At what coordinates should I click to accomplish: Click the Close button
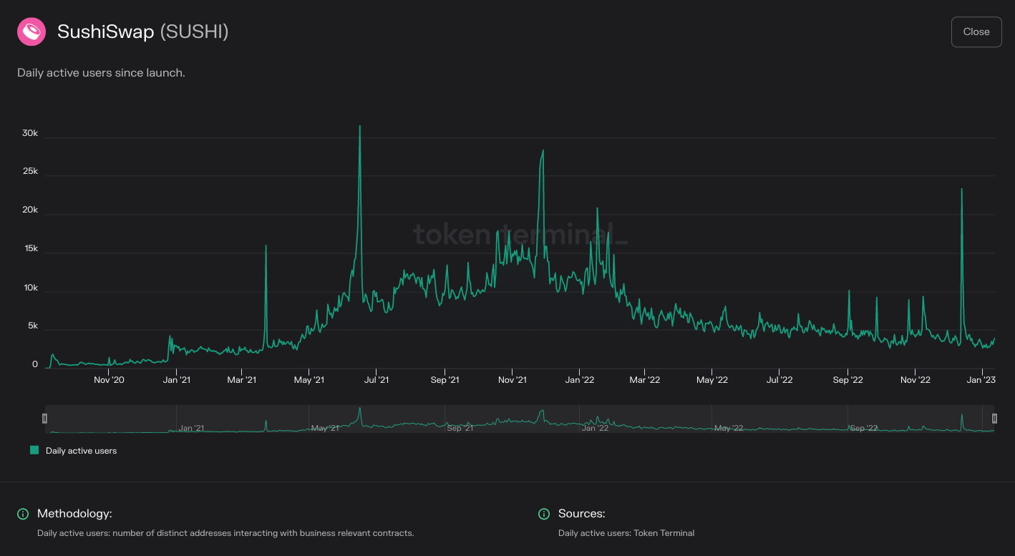[x=976, y=32]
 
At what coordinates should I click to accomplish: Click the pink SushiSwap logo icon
[x=31, y=32]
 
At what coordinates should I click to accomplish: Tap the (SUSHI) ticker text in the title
[x=194, y=32]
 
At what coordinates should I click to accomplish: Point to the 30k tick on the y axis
[x=30, y=134]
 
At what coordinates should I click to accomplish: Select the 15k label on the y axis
[x=30, y=249]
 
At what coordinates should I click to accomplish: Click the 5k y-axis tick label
[x=32, y=326]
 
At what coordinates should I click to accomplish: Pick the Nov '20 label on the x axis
[x=109, y=380]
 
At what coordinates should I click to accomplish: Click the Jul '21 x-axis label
[x=377, y=380]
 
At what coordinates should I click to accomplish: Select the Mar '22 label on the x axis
[x=645, y=380]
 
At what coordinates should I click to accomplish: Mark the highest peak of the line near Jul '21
[x=359, y=127]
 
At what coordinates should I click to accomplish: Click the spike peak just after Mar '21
[x=266, y=246]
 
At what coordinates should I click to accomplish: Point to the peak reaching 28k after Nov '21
[x=543, y=150]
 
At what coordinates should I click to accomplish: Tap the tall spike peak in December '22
[x=961, y=190]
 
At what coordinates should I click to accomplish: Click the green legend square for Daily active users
[x=34, y=451]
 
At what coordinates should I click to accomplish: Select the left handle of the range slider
[x=44, y=419]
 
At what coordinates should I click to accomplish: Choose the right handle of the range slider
[x=994, y=419]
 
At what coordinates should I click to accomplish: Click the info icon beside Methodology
[x=23, y=514]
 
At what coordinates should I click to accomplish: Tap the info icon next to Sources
[x=544, y=514]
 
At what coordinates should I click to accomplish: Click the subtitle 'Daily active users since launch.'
[x=101, y=73]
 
